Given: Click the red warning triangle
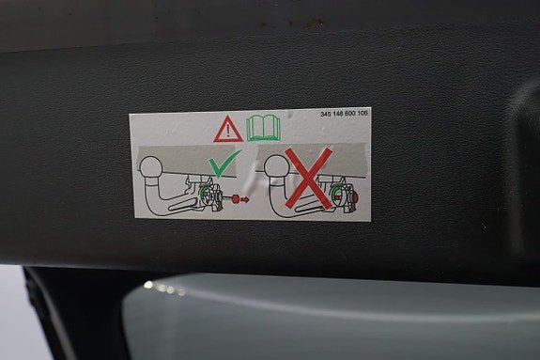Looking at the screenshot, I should click(x=227, y=129).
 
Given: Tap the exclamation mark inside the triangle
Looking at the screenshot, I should click(x=227, y=131).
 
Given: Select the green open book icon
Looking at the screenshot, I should click(x=263, y=127).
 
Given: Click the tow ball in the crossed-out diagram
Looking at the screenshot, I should click(x=275, y=168).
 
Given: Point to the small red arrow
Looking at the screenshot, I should click(x=242, y=198).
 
